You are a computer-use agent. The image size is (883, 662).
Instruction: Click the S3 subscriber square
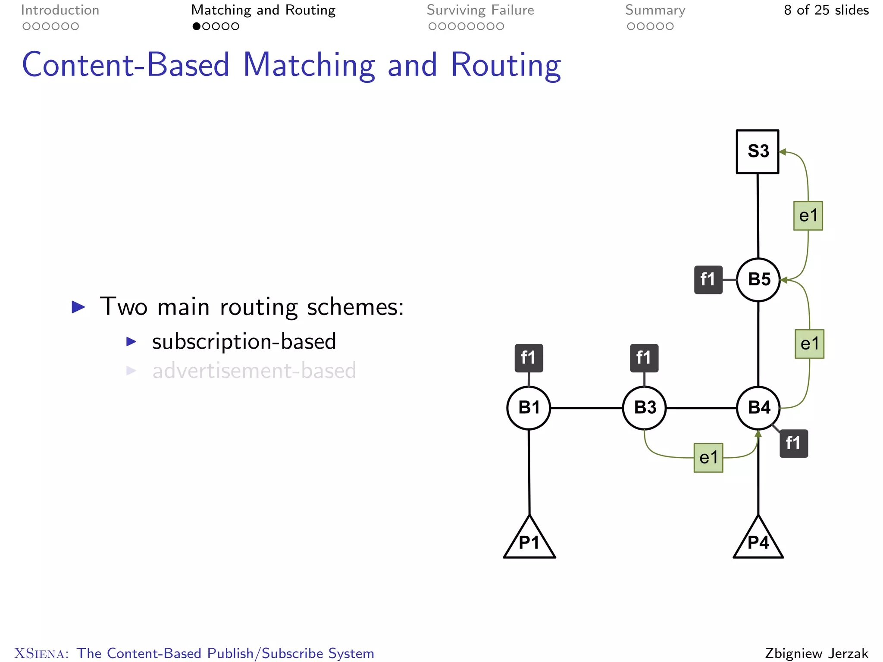point(758,152)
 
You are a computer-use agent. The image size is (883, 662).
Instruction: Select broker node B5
point(758,280)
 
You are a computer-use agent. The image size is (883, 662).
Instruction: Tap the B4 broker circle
point(758,408)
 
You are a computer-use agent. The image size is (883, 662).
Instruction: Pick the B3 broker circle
point(645,408)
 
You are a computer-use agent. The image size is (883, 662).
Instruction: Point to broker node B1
point(529,408)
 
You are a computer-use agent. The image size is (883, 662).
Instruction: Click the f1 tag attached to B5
point(708,280)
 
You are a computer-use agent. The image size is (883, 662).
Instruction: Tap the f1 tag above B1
point(529,358)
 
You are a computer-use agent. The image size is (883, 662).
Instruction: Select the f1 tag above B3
point(644,358)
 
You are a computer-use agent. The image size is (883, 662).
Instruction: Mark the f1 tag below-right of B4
point(793,443)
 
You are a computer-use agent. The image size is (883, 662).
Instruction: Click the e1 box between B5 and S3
point(808,215)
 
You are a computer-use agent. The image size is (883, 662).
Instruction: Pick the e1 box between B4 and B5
point(809,344)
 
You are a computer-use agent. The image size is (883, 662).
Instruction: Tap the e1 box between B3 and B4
point(708,458)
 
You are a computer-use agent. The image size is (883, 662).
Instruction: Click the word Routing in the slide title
point(506,66)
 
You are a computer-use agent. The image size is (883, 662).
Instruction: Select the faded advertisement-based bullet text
point(254,371)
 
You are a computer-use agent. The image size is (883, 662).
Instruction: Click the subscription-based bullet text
point(244,342)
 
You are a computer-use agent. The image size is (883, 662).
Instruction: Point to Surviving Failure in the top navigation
point(480,10)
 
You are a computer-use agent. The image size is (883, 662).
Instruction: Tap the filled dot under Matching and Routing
point(197,26)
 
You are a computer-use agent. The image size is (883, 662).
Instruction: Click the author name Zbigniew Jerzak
point(817,653)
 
